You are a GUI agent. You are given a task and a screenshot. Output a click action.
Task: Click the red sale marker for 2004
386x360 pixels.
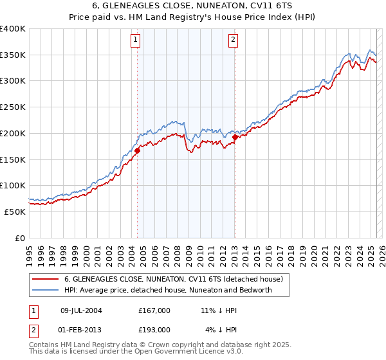coord(137,151)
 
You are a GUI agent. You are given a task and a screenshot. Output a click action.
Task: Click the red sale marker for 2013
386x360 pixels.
coord(235,137)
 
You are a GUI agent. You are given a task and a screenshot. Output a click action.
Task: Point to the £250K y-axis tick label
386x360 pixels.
coord(13,107)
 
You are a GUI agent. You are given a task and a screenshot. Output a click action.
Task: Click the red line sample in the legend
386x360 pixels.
coord(46,279)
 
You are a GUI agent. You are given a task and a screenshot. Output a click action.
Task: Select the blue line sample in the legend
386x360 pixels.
coord(46,290)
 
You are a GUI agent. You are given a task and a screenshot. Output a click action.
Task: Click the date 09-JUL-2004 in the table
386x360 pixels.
coord(81,310)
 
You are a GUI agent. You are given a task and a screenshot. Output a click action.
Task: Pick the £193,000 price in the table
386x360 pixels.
coord(154,330)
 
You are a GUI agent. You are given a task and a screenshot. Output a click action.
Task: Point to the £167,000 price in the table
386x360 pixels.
coord(154,310)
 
